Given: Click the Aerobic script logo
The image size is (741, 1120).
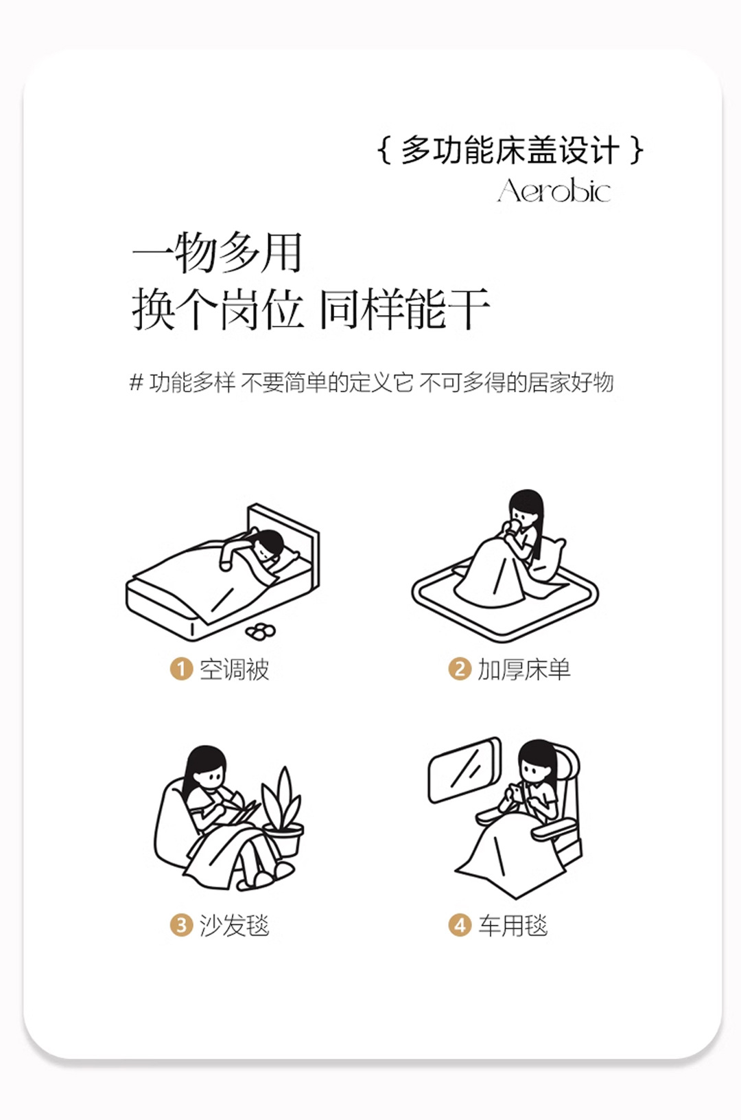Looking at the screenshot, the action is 554,190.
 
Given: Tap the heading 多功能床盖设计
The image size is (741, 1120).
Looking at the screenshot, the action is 510,150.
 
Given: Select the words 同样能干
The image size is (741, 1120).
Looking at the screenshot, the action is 405,309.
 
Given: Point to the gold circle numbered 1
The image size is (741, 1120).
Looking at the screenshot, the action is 181,669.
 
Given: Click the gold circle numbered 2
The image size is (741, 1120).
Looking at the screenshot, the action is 460,669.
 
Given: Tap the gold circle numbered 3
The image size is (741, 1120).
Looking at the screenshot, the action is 181,925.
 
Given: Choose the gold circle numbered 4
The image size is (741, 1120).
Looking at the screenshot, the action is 460,925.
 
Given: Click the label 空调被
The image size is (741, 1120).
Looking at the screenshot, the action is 235,670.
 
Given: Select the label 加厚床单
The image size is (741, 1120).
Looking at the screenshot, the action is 524,670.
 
